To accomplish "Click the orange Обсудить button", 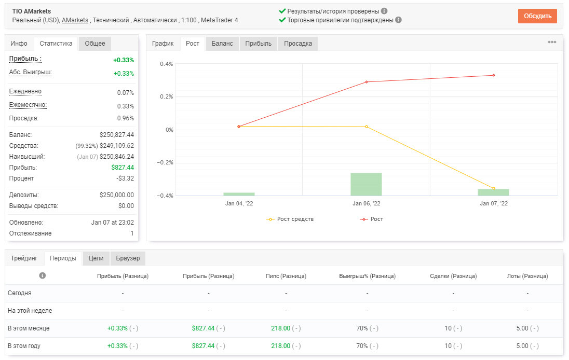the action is coord(537,16).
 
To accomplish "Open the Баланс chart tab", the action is coord(222,44).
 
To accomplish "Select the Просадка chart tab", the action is coord(297,44).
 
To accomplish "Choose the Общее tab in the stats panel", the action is coord(94,44).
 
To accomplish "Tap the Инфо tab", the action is coord(19,44).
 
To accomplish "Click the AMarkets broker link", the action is coord(75,20).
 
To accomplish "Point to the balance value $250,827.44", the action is coord(117,135).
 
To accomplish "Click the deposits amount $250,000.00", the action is coord(117,195).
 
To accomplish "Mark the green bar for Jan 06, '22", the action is coord(366,184).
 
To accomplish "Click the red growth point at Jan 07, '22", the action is coord(494,75).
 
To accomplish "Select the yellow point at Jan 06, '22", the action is coord(367,127).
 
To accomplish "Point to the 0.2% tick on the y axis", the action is coord(167,97).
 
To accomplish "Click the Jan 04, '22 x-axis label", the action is coord(239,203).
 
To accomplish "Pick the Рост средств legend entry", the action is coord(290,219).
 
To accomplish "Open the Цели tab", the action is coord(96,258).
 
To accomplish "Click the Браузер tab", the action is coord(128,258).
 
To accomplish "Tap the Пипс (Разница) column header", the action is coord(286,276).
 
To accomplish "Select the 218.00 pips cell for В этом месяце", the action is coord(281,328).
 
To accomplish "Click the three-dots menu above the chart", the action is coord(552,42).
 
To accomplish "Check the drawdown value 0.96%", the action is coord(126,118).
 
